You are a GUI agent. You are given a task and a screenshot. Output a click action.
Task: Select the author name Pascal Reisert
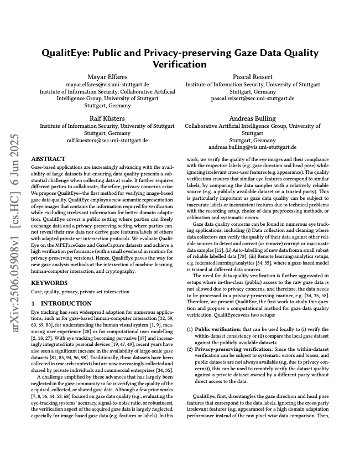[252, 76]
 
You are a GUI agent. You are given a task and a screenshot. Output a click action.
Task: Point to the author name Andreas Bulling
[252, 118]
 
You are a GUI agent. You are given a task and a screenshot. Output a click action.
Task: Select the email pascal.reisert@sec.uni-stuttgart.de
[252, 99]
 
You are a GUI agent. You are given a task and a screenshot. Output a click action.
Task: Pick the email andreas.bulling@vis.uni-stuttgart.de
[252, 148]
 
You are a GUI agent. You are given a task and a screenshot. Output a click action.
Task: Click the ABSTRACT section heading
[48, 159]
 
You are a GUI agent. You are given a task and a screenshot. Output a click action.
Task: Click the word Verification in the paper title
[180, 64]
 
